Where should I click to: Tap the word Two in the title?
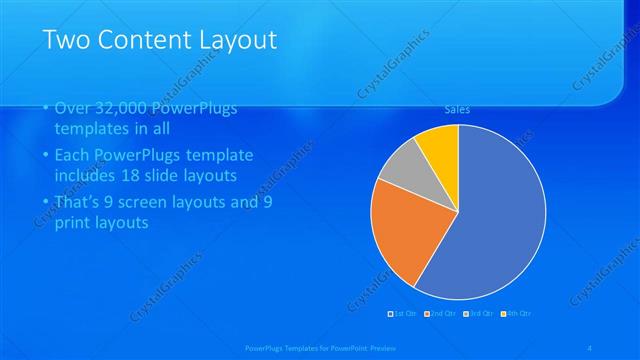tap(69, 40)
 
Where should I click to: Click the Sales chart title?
tap(457, 110)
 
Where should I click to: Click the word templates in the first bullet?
tap(90, 129)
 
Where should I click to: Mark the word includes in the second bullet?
tap(86, 176)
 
